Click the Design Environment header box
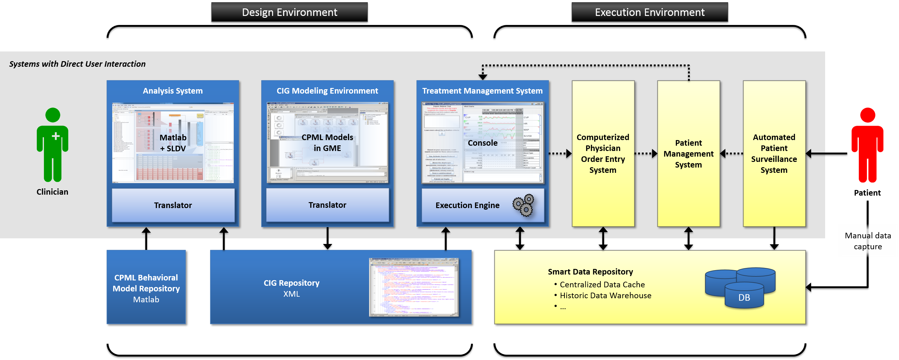pyautogui.click(x=289, y=12)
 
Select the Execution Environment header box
pyautogui.click(x=650, y=12)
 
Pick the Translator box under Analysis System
pyautogui.click(x=173, y=205)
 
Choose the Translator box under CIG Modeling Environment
pyautogui.click(x=327, y=205)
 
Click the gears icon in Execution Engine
pyautogui.click(x=523, y=205)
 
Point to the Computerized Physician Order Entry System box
pyautogui.click(x=603, y=153)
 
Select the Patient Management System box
pyautogui.click(x=688, y=153)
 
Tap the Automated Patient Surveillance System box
pyautogui.click(x=774, y=153)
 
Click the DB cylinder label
pyautogui.click(x=744, y=298)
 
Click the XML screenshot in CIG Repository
pyautogui.click(x=414, y=287)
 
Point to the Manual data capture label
pyautogui.click(x=868, y=241)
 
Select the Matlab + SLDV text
pyautogui.click(x=173, y=143)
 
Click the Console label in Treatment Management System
pyautogui.click(x=483, y=143)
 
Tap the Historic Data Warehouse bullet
pyautogui.click(x=605, y=295)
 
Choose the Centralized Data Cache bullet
pyautogui.click(x=602, y=285)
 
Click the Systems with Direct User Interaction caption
pyautogui.click(x=77, y=64)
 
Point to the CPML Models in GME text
pyautogui.click(x=327, y=143)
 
